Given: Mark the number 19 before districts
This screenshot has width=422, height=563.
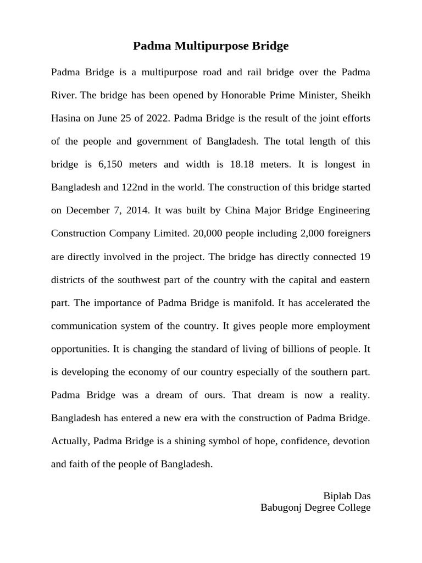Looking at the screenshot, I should coord(364,257).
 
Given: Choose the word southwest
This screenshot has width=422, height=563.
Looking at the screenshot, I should coord(147,280).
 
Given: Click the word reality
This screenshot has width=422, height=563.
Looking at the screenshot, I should coord(353,395).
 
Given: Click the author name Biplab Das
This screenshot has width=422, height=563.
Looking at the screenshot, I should coord(347,496).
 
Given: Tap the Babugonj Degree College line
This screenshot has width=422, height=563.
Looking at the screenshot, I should coord(315,507).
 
